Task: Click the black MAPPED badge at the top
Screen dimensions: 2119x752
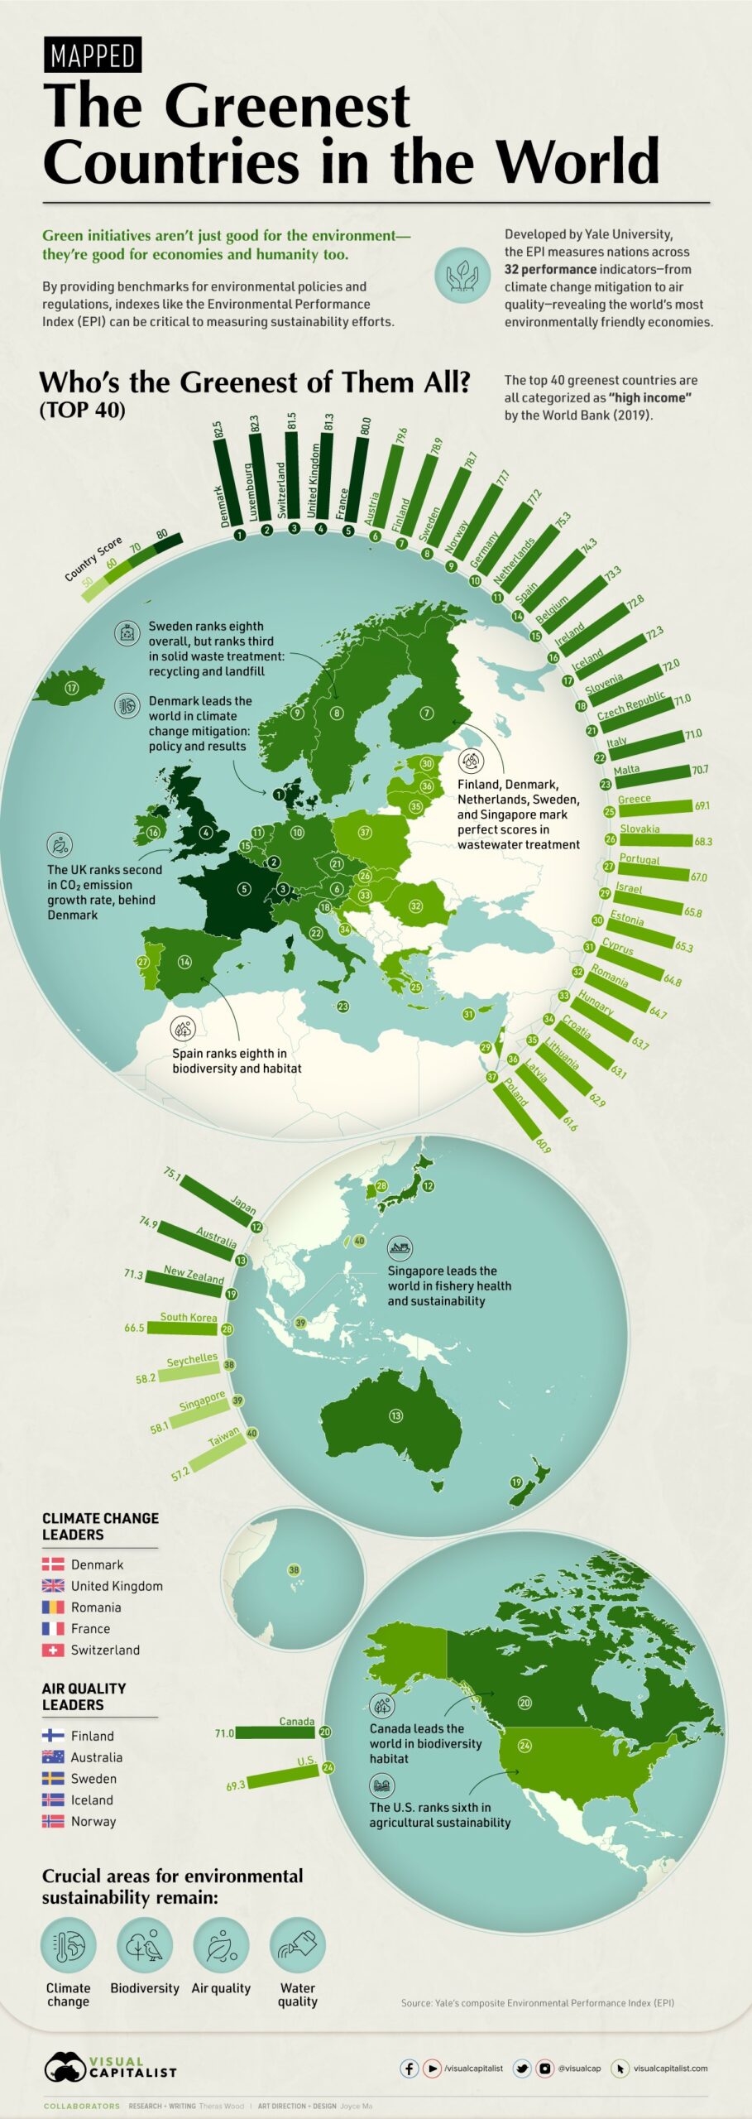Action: point(92,55)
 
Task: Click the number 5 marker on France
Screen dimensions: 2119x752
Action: point(244,889)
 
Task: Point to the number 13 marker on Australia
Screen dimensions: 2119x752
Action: point(395,1415)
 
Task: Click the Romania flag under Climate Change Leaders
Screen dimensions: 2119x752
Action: point(53,1607)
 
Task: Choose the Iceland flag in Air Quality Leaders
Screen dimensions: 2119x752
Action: point(53,1799)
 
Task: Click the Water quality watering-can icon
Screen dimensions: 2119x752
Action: point(298,1945)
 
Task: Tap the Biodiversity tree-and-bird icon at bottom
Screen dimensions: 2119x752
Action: point(145,1945)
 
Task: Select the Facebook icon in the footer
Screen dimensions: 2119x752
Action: point(410,2068)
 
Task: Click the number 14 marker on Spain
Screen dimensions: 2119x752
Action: point(184,962)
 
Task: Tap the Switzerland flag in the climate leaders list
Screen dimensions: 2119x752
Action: point(53,1650)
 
